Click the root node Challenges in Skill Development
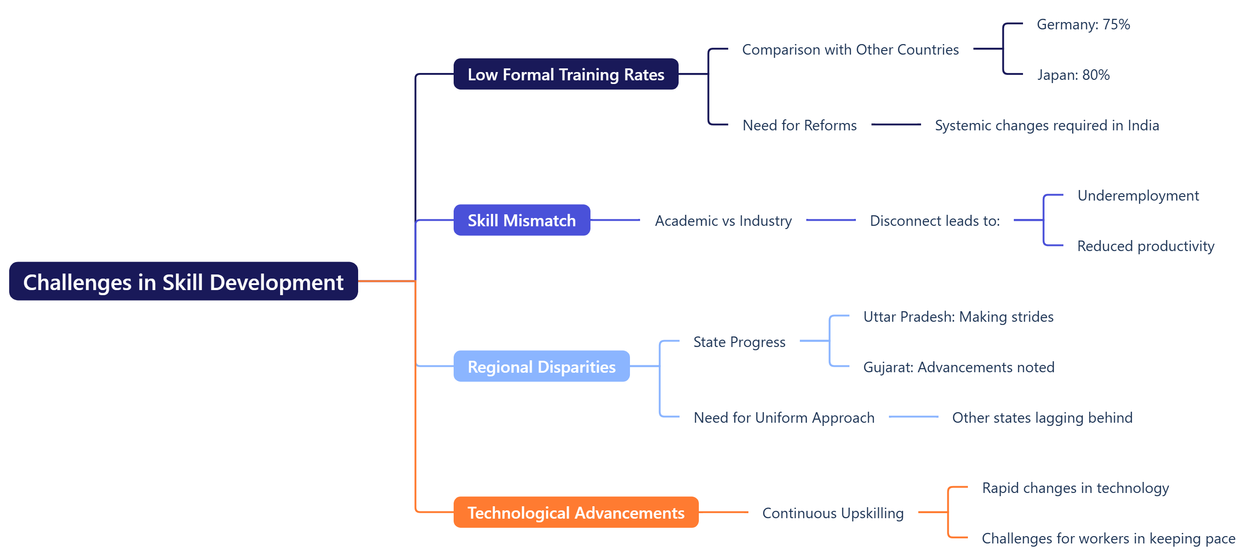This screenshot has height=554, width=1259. [183, 281]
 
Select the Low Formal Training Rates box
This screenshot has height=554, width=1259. [566, 74]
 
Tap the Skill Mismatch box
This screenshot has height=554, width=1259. [522, 220]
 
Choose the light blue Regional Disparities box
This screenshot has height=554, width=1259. [541, 366]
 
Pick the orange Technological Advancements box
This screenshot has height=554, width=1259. [576, 513]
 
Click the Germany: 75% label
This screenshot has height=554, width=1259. [1083, 24]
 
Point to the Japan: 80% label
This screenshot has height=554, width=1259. [1074, 75]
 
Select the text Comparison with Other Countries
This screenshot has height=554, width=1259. [850, 50]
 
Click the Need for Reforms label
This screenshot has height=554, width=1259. [799, 126]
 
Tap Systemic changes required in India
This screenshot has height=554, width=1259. [1046, 126]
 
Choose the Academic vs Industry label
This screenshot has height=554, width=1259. [723, 221]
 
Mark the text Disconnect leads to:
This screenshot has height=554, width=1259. [934, 221]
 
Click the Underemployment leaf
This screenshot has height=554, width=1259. [1138, 196]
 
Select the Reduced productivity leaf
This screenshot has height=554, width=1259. [1145, 246]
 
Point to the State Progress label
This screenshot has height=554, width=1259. [739, 342]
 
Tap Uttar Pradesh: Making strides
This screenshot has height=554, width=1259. [958, 317]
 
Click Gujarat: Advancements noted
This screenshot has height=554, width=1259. [958, 367]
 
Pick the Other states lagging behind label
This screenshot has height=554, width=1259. [1042, 418]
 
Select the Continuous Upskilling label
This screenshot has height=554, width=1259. [832, 513]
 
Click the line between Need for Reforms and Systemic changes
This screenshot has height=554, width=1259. [895, 124]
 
